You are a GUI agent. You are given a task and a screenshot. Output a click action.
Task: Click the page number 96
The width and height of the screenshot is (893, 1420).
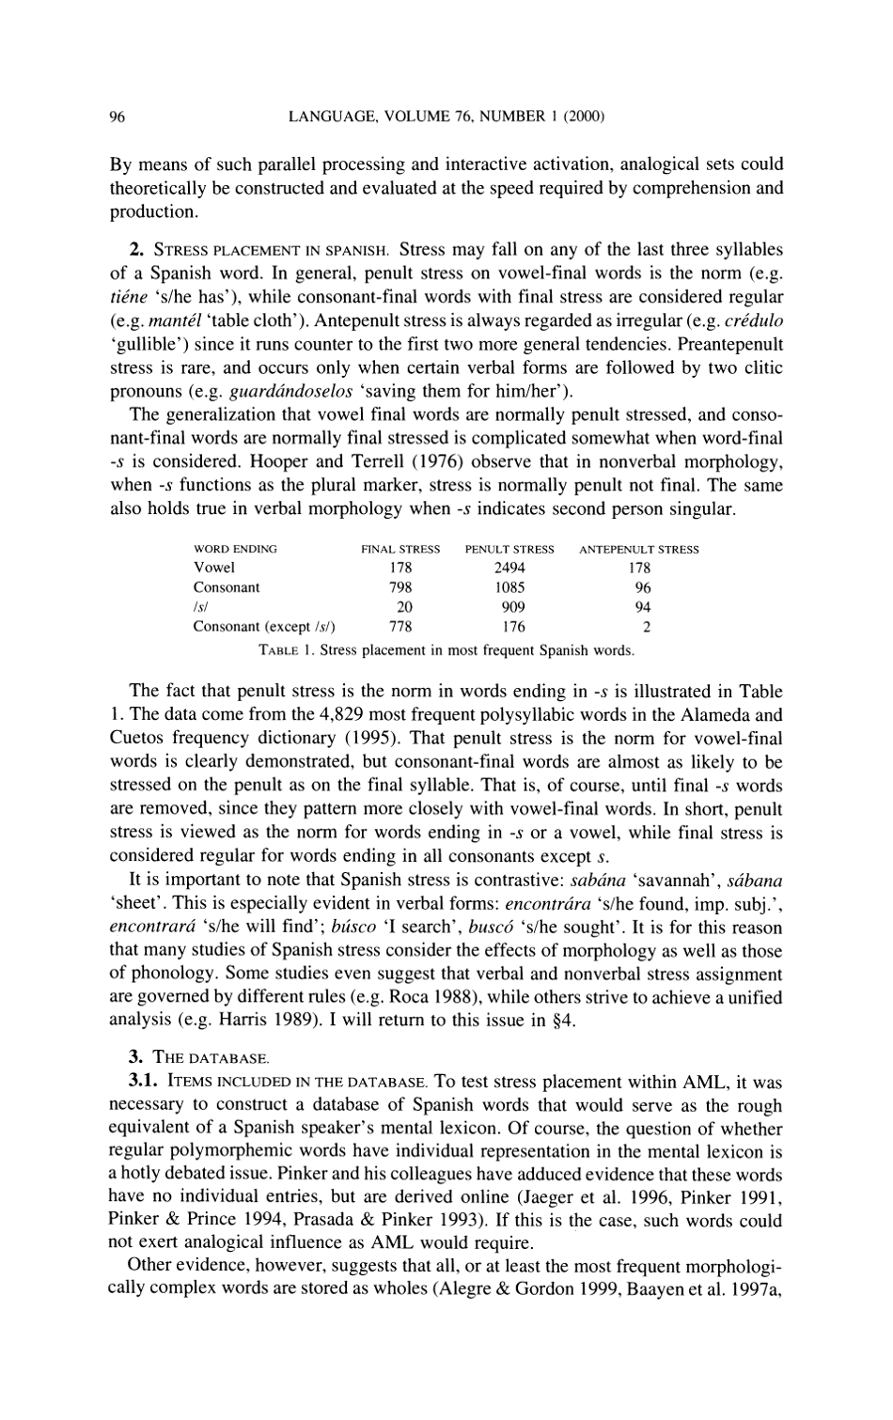coord(117,117)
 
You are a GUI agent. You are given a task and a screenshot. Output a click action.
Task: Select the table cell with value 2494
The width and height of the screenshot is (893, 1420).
coord(509,568)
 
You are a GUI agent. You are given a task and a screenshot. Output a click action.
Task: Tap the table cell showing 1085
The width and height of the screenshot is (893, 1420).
coord(509,587)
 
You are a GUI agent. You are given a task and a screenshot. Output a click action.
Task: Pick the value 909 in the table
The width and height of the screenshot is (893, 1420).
coord(509,607)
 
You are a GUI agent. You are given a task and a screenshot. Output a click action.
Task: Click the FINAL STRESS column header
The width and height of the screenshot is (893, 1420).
coord(400,549)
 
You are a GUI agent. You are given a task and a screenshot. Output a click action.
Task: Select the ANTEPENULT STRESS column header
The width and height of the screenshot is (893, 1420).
coord(638,549)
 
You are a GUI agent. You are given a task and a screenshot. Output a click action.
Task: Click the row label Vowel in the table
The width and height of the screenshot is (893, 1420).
coord(213,568)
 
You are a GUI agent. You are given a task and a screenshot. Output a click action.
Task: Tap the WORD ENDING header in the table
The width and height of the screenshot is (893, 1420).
coord(234,549)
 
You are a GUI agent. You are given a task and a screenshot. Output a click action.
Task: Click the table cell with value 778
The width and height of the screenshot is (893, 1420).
coord(400,627)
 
